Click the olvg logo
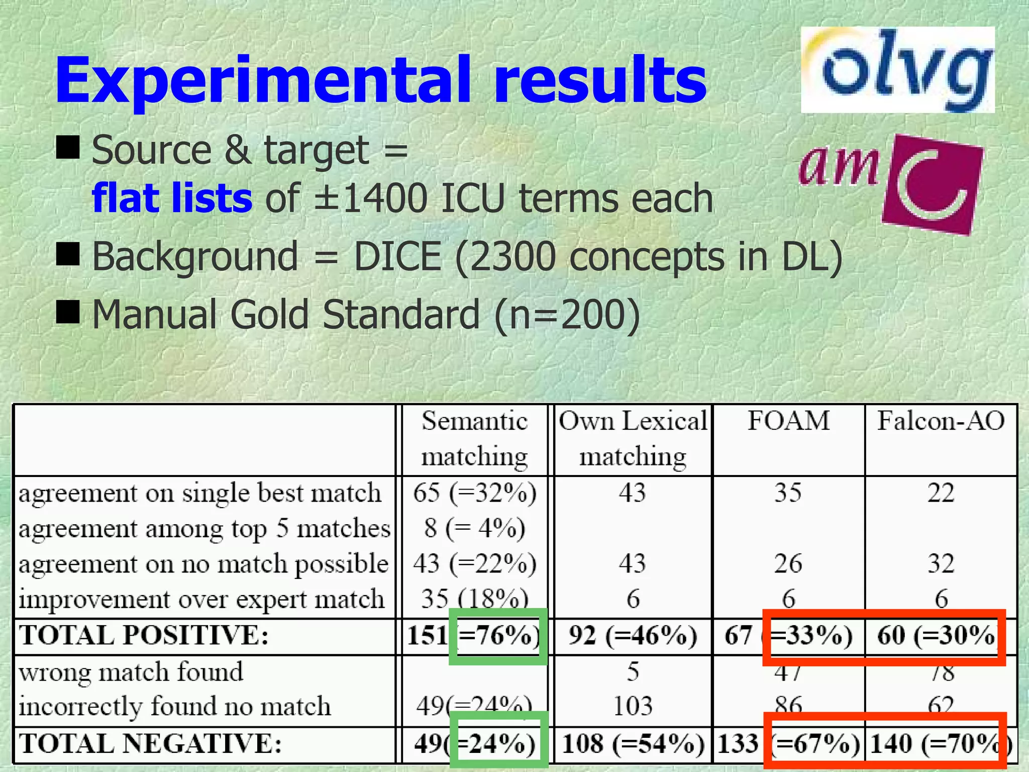point(897,69)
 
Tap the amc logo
point(890,184)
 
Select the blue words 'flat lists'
point(172,198)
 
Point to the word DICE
point(397,256)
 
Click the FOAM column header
point(788,421)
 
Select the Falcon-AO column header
point(941,421)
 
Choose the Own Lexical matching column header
point(633,439)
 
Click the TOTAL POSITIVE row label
point(144,635)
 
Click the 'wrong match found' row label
point(131,672)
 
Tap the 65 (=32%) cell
point(475,493)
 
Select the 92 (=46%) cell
point(633,635)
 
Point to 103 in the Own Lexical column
point(633,706)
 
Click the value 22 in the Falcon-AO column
point(941,493)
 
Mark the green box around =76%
point(497,636)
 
